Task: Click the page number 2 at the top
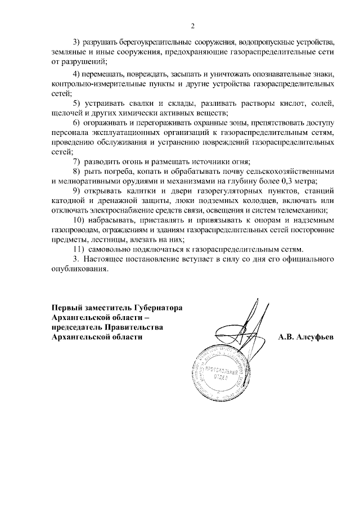click(x=192, y=25)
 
